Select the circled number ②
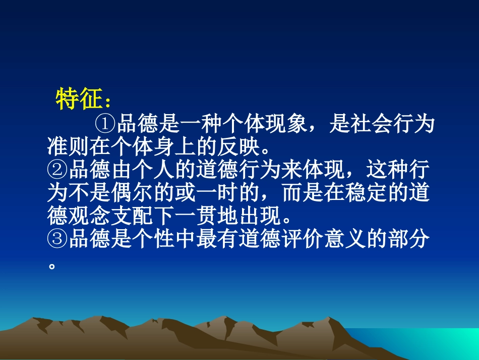pos(57,171)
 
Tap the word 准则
pos(67,147)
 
